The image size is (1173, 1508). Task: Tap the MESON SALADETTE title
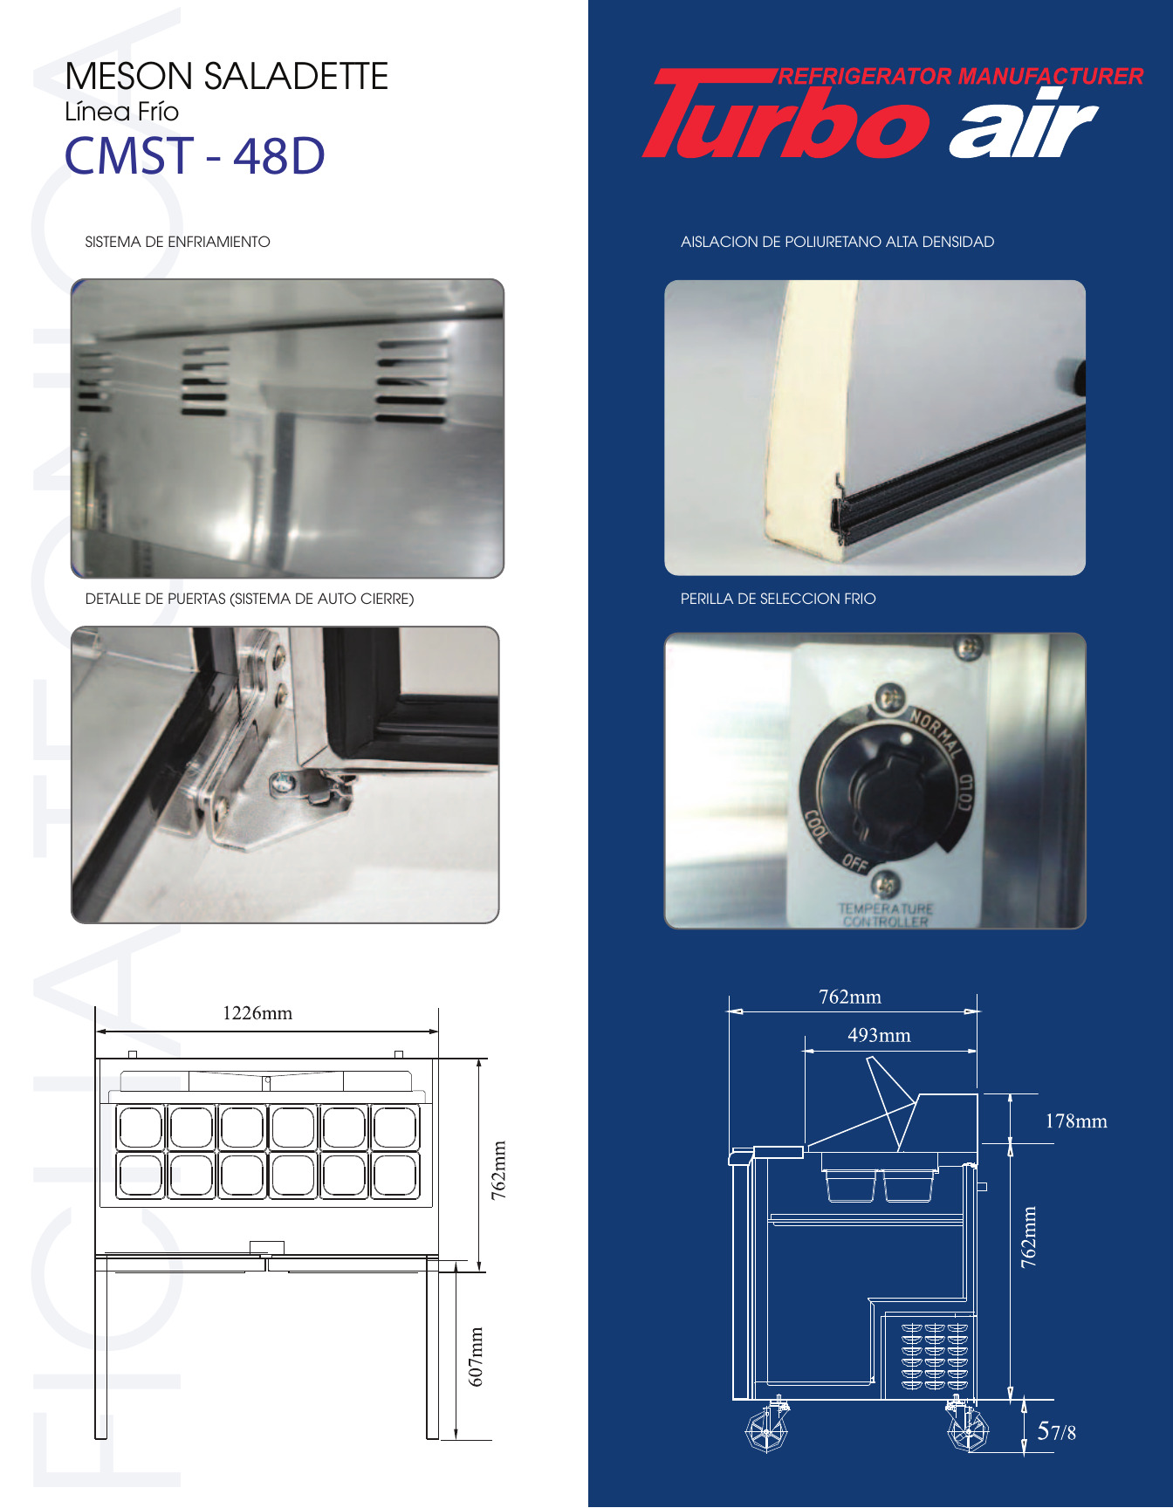click(x=226, y=76)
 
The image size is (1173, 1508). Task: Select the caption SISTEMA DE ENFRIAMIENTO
click(x=177, y=242)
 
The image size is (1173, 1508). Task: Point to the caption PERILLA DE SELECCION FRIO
click(x=778, y=599)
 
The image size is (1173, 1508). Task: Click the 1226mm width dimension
click(x=257, y=1013)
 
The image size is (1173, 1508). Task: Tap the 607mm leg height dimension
click(x=476, y=1356)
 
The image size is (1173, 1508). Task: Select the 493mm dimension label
click(x=879, y=1035)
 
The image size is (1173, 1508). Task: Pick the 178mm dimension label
click(x=1076, y=1121)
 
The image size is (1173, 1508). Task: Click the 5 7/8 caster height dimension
click(x=1056, y=1431)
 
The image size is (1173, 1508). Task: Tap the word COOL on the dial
click(x=816, y=826)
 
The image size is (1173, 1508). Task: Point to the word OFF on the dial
click(x=855, y=863)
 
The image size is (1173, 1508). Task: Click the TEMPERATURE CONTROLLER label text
click(x=885, y=915)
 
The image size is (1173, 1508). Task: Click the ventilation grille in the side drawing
click(x=934, y=1355)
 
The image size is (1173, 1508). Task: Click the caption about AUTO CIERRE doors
click(x=250, y=599)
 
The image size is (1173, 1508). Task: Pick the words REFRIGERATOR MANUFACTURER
click(x=960, y=77)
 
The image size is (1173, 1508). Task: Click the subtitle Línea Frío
click(x=121, y=112)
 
